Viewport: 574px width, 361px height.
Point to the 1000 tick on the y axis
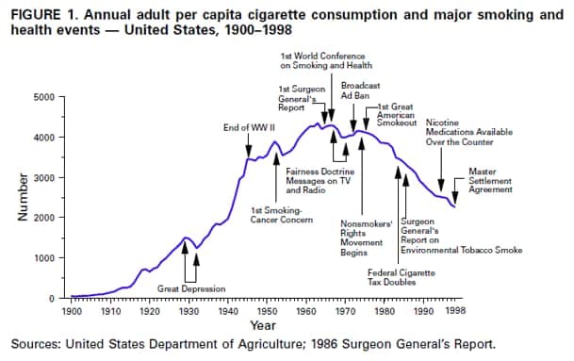click(x=45, y=257)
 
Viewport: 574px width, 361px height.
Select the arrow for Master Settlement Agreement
click(x=456, y=194)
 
